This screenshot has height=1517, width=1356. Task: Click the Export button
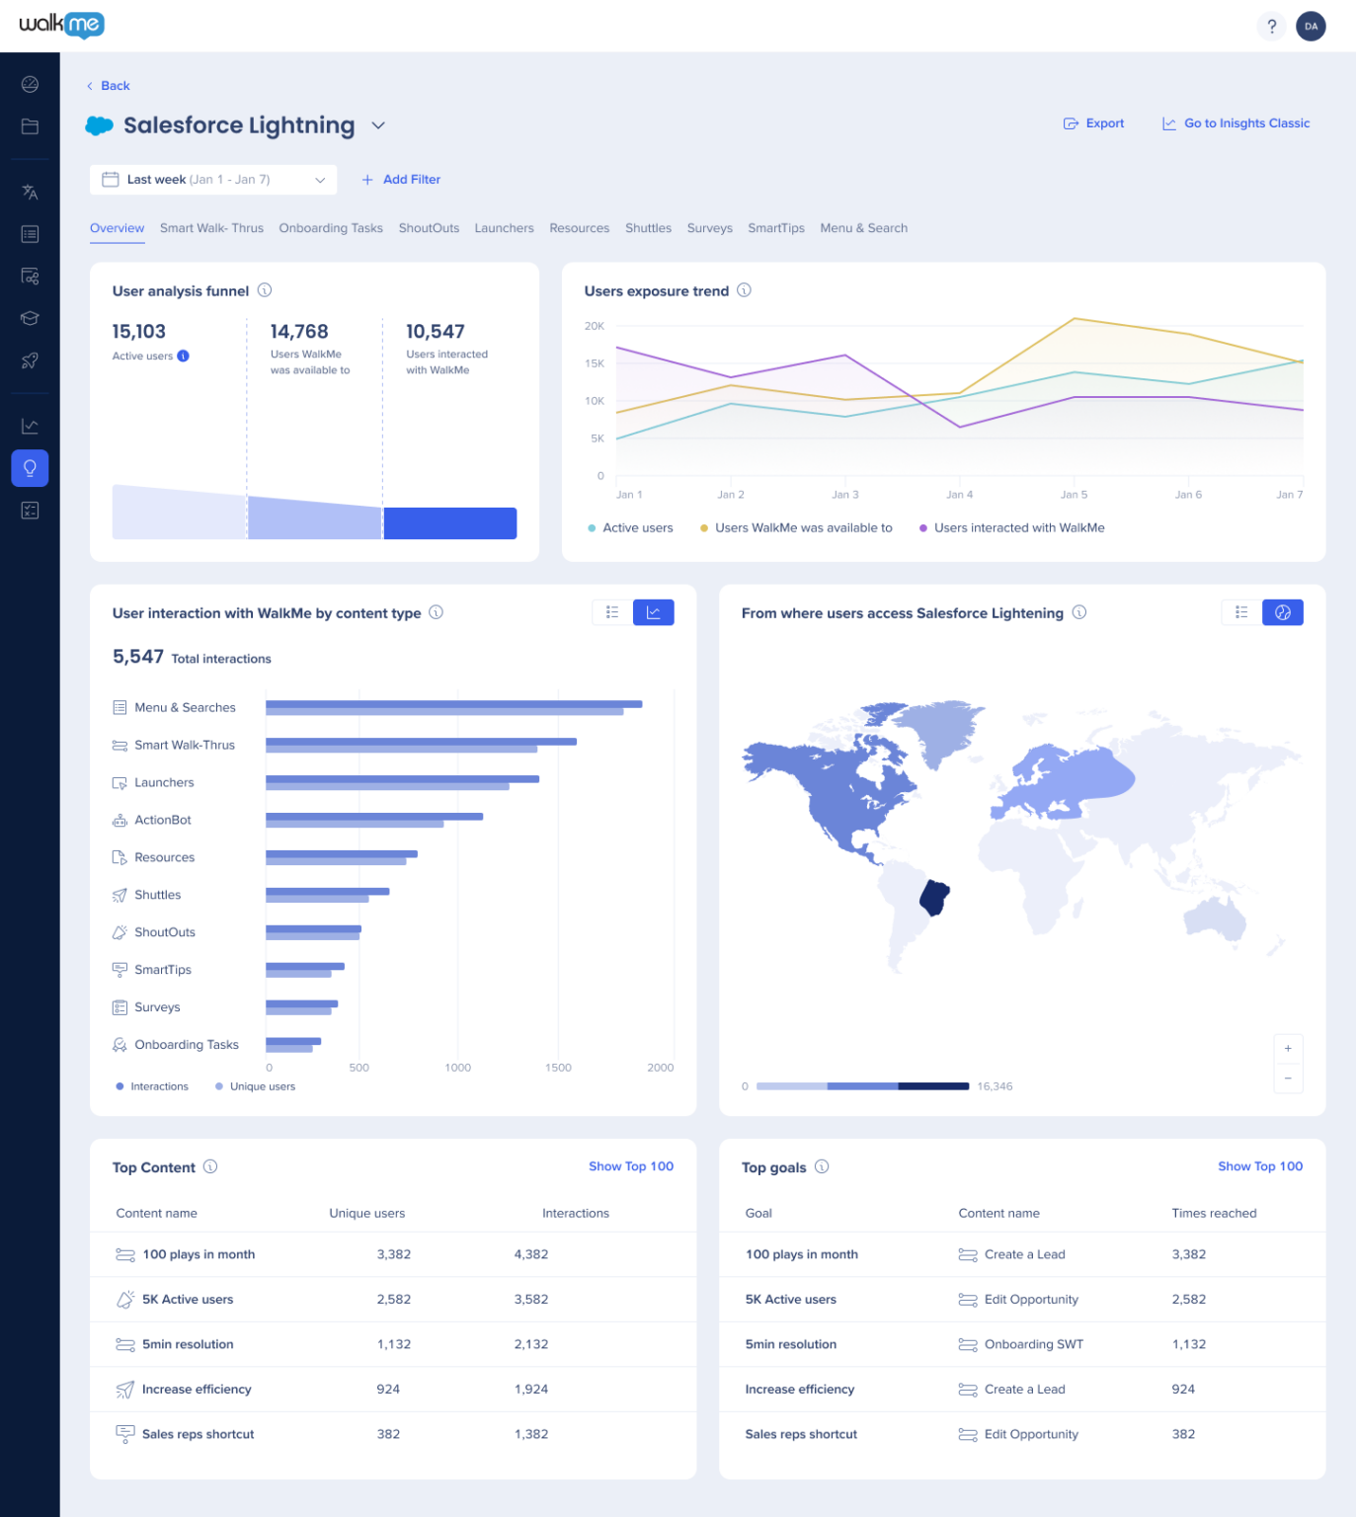pos(1094,123)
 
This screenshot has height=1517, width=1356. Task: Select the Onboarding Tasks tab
pos(331,228)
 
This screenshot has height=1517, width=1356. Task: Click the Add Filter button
pos(401,180)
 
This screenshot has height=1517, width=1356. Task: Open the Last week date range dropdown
pos(213,180)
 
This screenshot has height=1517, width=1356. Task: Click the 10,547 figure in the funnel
pos(436,332)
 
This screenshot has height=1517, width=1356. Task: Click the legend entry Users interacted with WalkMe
pos(1018,528)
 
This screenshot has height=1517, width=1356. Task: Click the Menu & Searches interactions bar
pos(453,704)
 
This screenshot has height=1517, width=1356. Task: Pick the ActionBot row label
pos(163,820)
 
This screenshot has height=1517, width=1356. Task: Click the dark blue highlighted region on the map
pos(934,897)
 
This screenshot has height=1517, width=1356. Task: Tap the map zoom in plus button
pos(1288,1049)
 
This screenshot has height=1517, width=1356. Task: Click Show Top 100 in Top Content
pos(630,1166)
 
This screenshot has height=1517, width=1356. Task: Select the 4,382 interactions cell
pos(531,1254)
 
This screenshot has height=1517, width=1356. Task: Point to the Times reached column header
pos(1214,1213)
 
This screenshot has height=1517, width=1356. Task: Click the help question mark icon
pos(1272,27)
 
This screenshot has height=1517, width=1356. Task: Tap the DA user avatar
pos(1311,27)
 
